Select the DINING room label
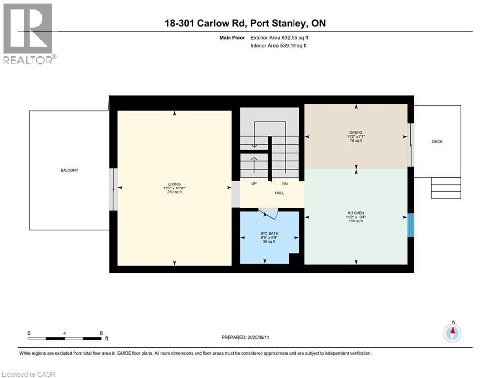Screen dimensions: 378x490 pyautogui.click(x=356, y=132)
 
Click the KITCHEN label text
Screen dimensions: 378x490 pyautogui.click(x=356, y=213)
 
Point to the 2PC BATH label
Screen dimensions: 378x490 pyautogui.click(x=269, y=233)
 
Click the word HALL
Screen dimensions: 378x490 pyautogui.click(x=279, y=193)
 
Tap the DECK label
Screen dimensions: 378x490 pyautogui.click(x=437, y=142)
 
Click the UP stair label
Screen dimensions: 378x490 pyautogui.click(x=254, y=183)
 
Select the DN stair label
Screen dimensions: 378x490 pyautogui.click(x=285, y=183)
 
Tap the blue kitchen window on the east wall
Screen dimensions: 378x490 pyautogui.click(x=411, y=225)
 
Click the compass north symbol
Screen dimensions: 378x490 pyautogui.click(x=452, y=333)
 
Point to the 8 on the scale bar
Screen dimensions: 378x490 pyautogui.click(x=101, y=333)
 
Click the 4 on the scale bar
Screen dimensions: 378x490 pyautogui.click(x=65, y=333)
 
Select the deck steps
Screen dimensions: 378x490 pyautogui.click(x=446, y=188)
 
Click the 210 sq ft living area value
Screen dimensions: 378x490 pyautogui.click(x=175, y=192)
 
